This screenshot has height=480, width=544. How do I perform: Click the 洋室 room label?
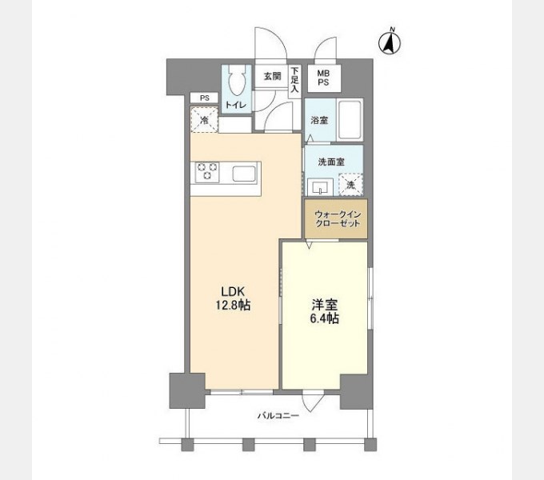(324, 304)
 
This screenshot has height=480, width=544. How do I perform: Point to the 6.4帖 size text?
(324, 318)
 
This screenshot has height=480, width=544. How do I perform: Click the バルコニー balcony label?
(278, 416)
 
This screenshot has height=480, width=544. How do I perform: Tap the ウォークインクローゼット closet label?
(335, 220)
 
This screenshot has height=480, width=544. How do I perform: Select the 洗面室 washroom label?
(330, 160)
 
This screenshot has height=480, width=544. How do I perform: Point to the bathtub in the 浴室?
(349, 119)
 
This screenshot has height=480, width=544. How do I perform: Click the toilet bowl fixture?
(236, 83)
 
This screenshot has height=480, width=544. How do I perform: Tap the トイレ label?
(236, 105)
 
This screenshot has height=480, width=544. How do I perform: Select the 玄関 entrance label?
(272, 77)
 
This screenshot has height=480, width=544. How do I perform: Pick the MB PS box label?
(325, 78)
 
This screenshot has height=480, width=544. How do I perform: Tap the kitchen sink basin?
(243, 173)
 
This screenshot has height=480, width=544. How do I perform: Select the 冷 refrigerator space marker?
(204, 120)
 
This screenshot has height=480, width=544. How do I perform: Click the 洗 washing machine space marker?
(350, 185)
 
